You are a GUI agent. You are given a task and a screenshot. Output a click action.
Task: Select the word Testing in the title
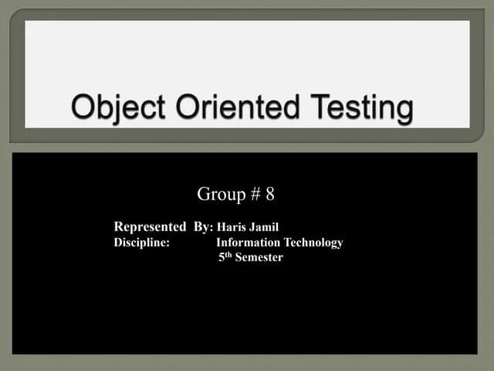[x=359, y=108]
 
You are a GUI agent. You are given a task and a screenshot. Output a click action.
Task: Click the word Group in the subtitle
[x=221, y=194]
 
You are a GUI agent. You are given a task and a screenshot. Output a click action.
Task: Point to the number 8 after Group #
[x=269, y=194]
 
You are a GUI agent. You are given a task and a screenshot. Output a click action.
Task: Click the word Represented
[x=150, y=226]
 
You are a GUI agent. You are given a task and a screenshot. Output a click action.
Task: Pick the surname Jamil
[x=264, y=227]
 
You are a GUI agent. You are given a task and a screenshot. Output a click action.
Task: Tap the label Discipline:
[x=142, y=243]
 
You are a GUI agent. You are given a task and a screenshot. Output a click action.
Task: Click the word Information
[x=249, y=243]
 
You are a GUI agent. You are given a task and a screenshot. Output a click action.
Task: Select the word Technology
[x=313, y=243]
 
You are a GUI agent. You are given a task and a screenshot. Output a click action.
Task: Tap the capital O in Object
[x=83, y=107]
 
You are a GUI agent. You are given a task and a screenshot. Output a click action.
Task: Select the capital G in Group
[x=205, y=194]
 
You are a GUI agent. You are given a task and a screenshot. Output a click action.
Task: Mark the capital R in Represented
[x=119, y=226]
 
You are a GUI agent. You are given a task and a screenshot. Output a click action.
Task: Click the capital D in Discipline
[x=118, y=243]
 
